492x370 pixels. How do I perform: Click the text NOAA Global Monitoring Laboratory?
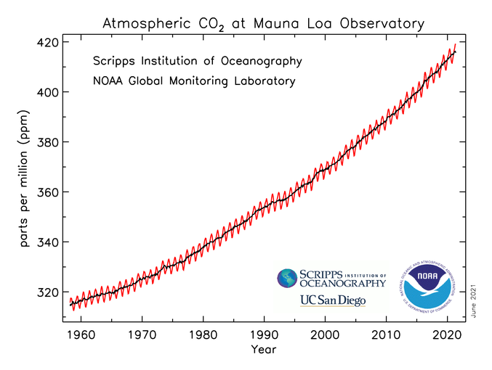click(x=193, y=81)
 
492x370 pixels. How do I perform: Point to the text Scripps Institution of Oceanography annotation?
click(x=197, y=60)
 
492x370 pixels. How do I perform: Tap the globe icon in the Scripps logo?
click(x=287, y=277)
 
